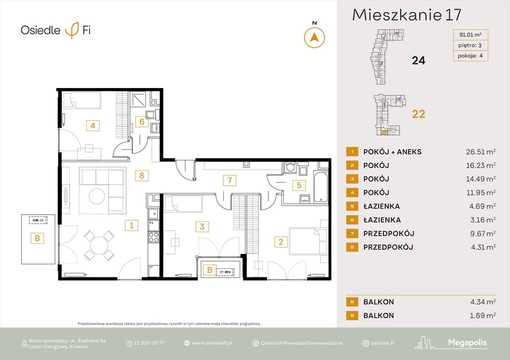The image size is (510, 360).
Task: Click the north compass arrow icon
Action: coord(315,37)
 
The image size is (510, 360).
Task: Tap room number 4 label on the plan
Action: coord(93,125)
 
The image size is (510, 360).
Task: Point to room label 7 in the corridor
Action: coord(229,180)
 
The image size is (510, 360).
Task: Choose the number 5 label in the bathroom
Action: coord(298,185)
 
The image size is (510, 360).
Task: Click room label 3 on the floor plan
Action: coord(202,227)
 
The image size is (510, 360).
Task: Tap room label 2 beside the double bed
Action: coord(281,242)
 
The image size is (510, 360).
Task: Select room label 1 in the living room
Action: coord(132,225)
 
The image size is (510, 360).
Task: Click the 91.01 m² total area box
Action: coord(470,34)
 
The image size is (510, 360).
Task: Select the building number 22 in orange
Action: coord(418,113)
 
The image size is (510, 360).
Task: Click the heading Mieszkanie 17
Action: coord(407,15)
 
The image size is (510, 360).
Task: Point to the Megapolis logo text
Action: coord(468,343)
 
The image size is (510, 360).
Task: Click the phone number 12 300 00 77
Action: coord(148,343)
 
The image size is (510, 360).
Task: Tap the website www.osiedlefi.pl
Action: coord(212,343)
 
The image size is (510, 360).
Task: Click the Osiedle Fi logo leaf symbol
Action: coord(72,30)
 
